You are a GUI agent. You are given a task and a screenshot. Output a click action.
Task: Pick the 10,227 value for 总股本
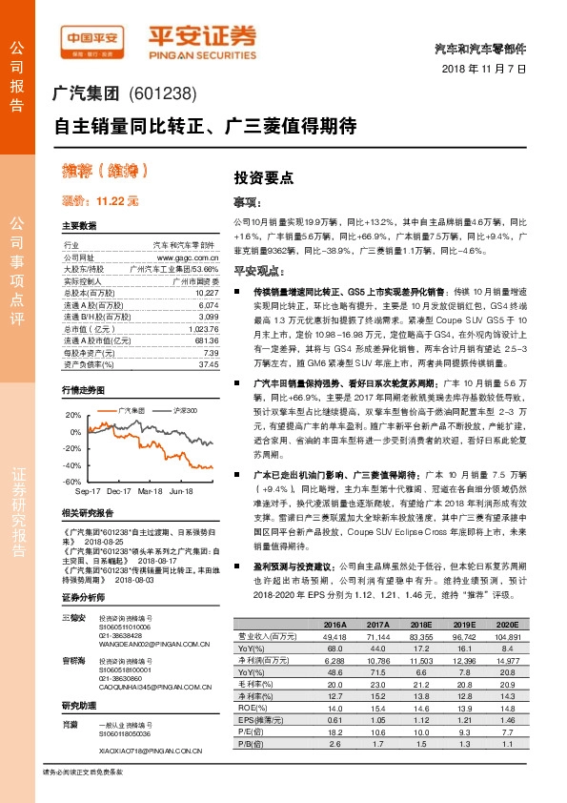coord(206,292)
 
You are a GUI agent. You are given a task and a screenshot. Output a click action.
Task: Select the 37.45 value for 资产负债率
coord(208,363)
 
